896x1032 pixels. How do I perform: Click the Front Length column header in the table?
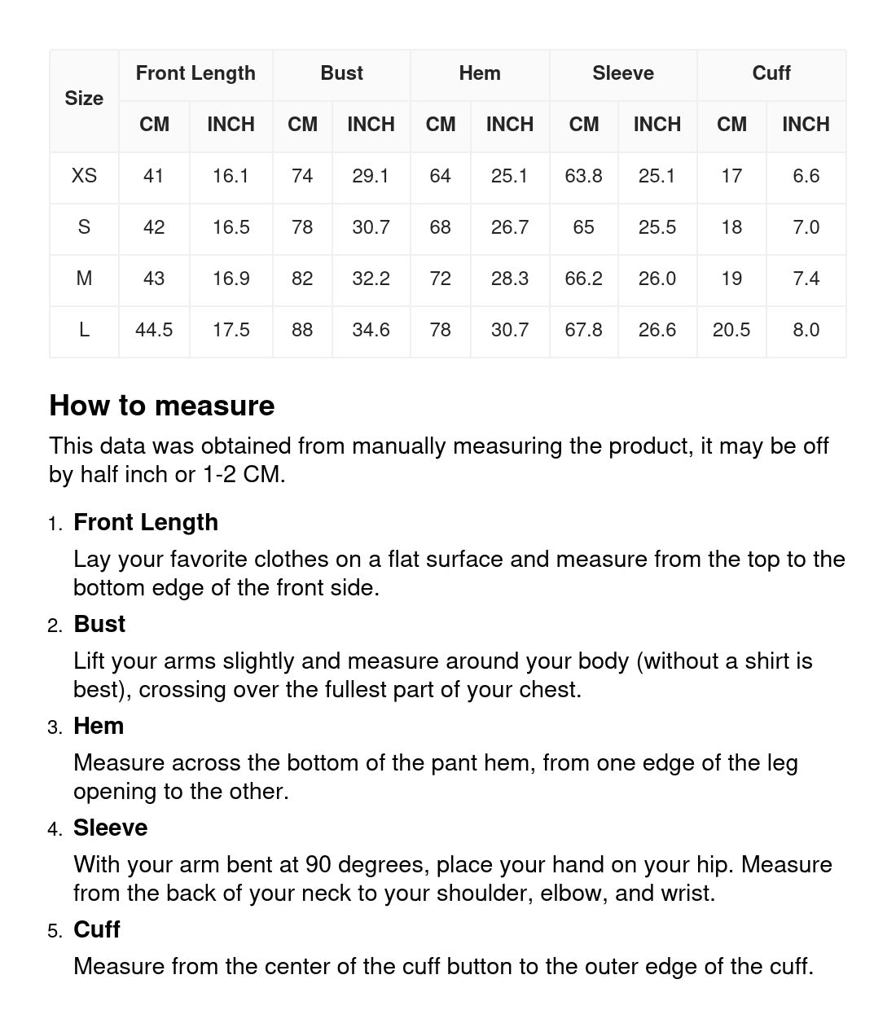coord(195,73)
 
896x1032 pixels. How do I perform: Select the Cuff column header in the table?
coord(771,73)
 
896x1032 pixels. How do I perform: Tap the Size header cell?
coord(84,99)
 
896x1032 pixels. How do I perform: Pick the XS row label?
coord(84,176)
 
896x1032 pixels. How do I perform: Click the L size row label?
coord(84,330)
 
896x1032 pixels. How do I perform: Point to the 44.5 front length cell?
coord(154,330)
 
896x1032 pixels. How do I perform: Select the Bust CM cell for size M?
coord(302,279)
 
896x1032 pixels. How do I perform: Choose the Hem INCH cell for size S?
coord(510,227)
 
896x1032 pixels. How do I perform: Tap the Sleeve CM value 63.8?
coord(583,176)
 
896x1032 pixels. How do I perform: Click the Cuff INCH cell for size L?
coord(806,330)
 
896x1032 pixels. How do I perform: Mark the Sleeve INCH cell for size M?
coord(657,279)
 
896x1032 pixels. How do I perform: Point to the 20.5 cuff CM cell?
coord(731,330)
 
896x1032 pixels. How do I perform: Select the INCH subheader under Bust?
coord(371,125)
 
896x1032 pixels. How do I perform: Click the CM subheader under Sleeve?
coord(583,125)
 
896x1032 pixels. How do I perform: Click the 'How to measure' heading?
coord(162,406)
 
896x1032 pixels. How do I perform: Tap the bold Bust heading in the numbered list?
coord(99,624)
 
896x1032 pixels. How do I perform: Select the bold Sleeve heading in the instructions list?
coord(111,828)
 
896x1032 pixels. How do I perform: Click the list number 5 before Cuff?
coord(55,931)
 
